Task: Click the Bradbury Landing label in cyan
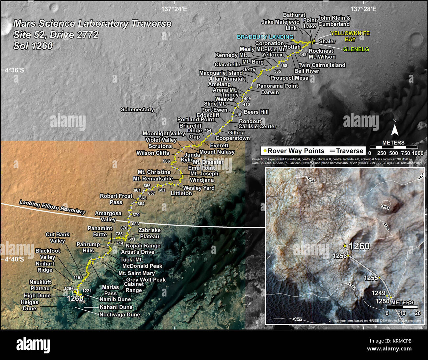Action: click(x=265, y=37)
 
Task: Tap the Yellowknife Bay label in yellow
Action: click(x=350, y=36)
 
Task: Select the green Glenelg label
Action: click(x=356, y=49)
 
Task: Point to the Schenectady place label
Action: click(x=137, y=110)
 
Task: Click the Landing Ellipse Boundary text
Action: click(x=52, y=207)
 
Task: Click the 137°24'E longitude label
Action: click(x=174, y=9)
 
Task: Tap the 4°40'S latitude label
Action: click(x=14, y=259)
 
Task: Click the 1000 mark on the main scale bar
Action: click(x=417, y=153)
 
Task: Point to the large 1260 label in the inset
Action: click(x=359, y=246)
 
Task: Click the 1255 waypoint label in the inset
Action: click(x=371, y=278)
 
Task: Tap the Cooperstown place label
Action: click(x=232, y=138)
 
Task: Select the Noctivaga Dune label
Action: click(x=120, y=315)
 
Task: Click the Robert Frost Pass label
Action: click(x=116, y=199)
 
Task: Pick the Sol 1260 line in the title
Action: click(x=33, y=46)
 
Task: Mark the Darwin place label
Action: click(x=270, y=92)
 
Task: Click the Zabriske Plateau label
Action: click(x=149, y=233)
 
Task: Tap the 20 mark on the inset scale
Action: click(x=417, y=313)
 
